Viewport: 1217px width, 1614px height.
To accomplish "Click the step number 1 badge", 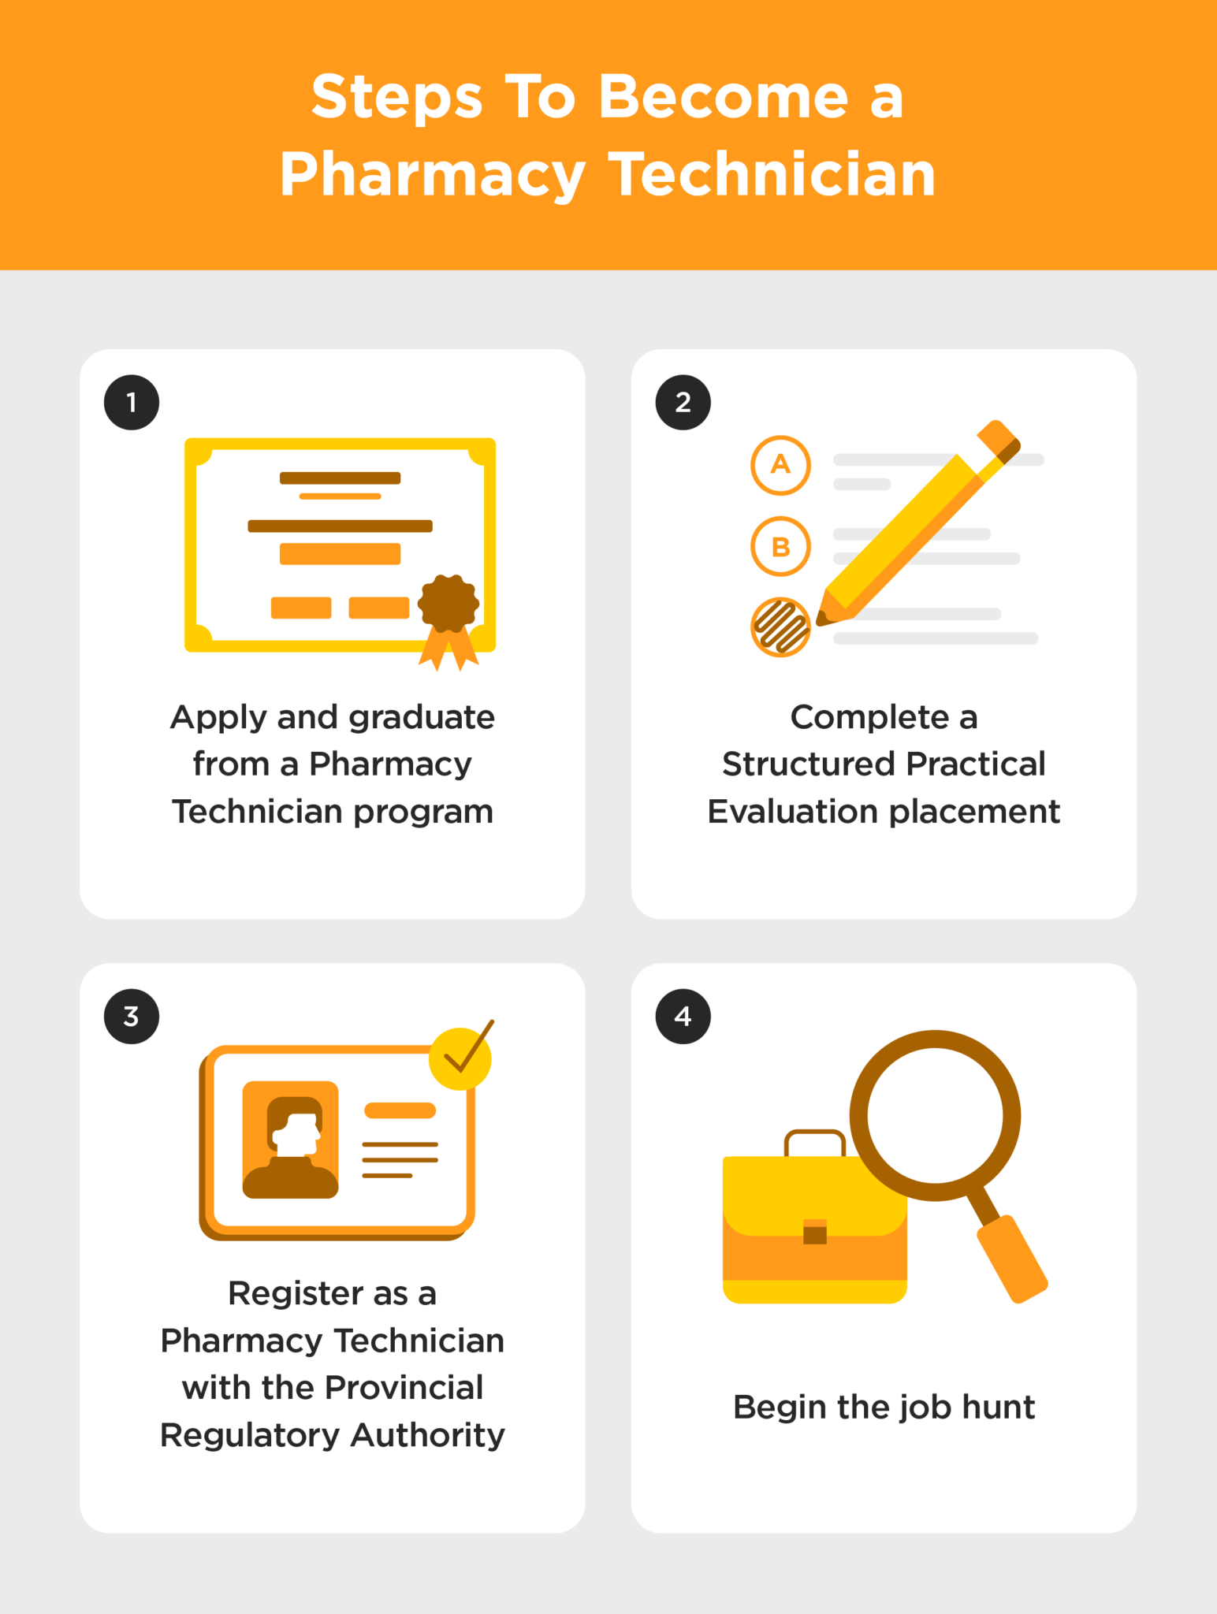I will (x=132, y=403).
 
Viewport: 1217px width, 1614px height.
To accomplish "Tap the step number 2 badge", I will (x=683, y=403).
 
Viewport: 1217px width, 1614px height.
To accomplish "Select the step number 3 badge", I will (x=132, y=1017).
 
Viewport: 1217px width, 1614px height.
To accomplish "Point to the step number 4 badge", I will (x=683, y=1017).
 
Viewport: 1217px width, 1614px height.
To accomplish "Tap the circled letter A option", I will (x=780, y=465).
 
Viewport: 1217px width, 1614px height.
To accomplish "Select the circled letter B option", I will (x=780, y=546).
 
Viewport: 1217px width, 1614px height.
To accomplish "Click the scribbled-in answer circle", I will (x=780, y=627).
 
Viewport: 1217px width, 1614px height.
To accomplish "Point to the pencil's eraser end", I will (x=999, y=440).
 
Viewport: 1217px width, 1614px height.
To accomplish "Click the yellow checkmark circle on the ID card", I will (x=460, y=1058).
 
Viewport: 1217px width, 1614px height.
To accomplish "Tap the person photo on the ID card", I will (x=290, y=1140).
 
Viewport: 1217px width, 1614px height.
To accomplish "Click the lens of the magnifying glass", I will (x=935, y=1115).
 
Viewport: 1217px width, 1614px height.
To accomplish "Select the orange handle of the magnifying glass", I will (x=1013, y=1259).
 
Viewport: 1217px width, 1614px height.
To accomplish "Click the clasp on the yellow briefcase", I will (x=815, y=1231).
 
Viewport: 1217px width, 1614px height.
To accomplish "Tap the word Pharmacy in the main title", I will (x=432, y=175).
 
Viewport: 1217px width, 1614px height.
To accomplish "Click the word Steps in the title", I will (x=396, y=97).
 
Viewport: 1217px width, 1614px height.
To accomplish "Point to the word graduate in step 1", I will (x=422, y=718).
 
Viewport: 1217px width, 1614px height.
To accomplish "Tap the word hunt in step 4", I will (x=999, y=1408).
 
